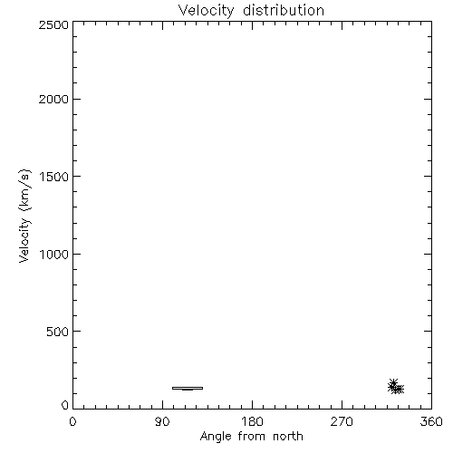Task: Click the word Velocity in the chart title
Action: pos(206,11)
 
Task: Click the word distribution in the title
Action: pos(284,10)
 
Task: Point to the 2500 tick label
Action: pos(53,24)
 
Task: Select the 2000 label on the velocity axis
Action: pos(53,100)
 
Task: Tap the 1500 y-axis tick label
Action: pos(54,177)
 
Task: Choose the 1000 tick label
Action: pos(54,255)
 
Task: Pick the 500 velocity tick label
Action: pos(58,332)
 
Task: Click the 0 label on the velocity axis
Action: pos(65,405)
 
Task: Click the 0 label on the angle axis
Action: pos(72,421)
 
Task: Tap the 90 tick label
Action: pos(162,421)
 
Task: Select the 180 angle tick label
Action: pos(252,421)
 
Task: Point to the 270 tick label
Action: pos(342,421)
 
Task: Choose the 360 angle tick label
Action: pos(431,421)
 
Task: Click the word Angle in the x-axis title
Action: pos(216,437)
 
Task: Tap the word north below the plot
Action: pos(288,437)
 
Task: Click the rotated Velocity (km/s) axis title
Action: pos(24,216)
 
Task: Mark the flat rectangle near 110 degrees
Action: pos(188,387)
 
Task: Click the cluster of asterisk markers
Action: pos(396,387)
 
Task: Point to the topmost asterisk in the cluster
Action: pos(393,382)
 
